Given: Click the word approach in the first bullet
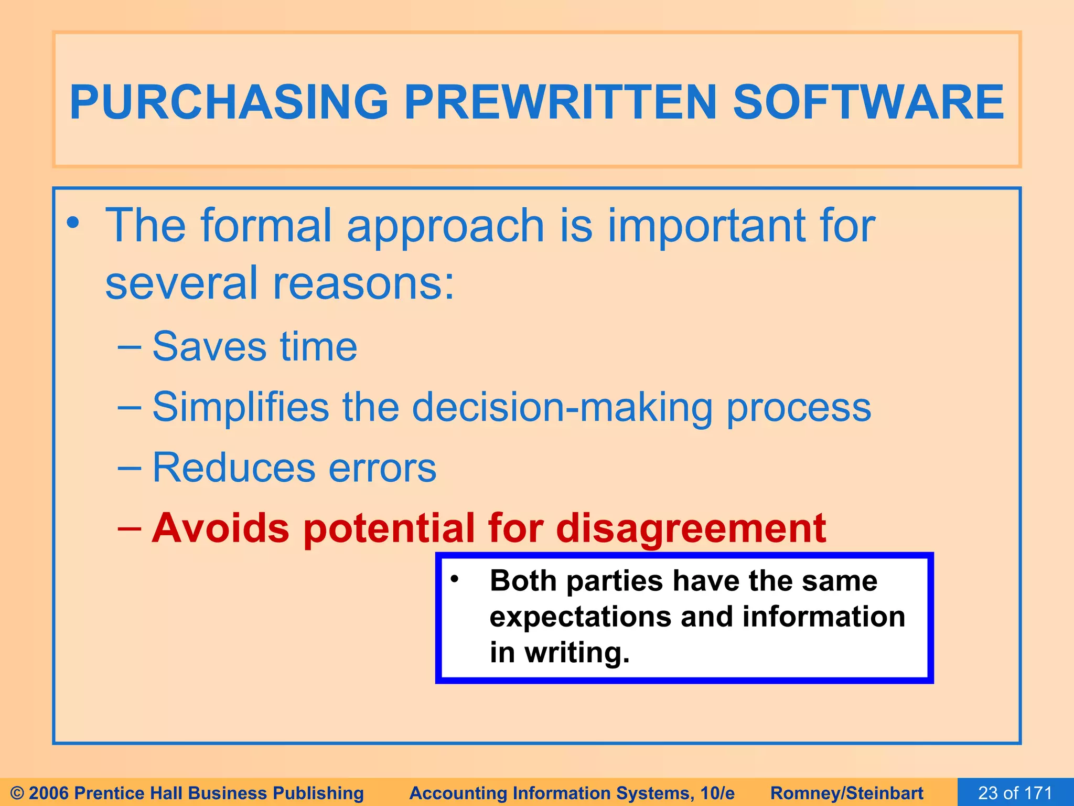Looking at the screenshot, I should pos(445,227).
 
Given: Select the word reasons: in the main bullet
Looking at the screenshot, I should pos(363,283).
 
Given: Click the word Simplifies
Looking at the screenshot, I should pos(240,407).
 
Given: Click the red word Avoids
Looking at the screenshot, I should pos(220,528).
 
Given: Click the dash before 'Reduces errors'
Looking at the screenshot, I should pos(129,468).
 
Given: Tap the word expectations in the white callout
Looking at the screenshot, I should pos(580,617).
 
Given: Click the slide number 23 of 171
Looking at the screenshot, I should pos(1015,792).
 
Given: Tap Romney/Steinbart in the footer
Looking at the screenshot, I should pos(846,793).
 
